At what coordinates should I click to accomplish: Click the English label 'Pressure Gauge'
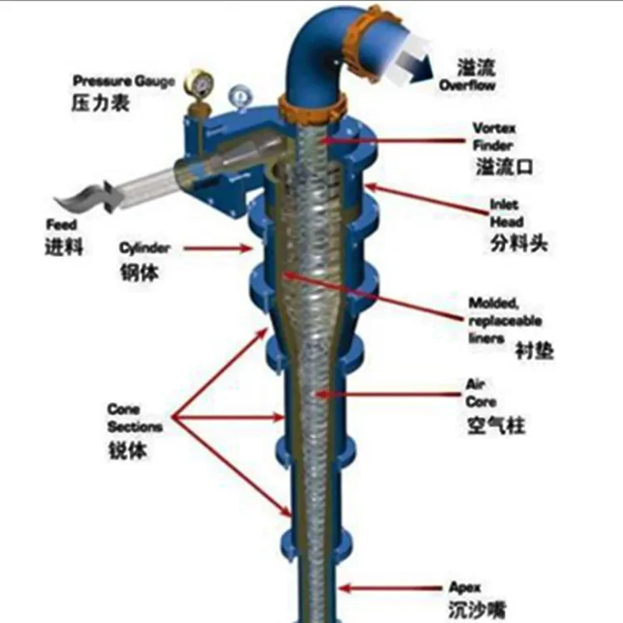coord(124,81)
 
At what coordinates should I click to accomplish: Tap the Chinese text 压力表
coord(100,105)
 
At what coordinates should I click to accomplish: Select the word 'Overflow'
coord(468,86)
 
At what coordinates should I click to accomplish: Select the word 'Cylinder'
coord(145,248)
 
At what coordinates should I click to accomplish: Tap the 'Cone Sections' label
coord(134,419)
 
